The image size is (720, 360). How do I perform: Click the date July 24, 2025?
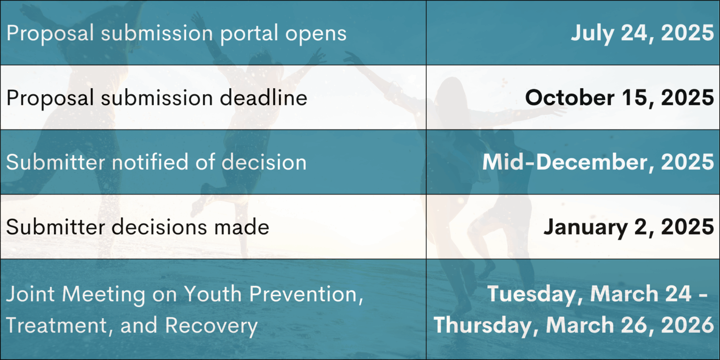[x=642, y=33]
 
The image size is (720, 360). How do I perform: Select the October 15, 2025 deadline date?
[x=619, y=97]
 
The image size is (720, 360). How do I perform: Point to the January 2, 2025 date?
[x=629, y=227]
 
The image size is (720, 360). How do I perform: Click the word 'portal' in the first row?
[x=249, y=33]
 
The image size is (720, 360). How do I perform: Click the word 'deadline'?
[x=263, y=97]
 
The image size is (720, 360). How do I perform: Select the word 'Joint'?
[x=30, y=294]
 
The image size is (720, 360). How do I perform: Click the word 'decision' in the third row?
[x=264, y=162]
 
